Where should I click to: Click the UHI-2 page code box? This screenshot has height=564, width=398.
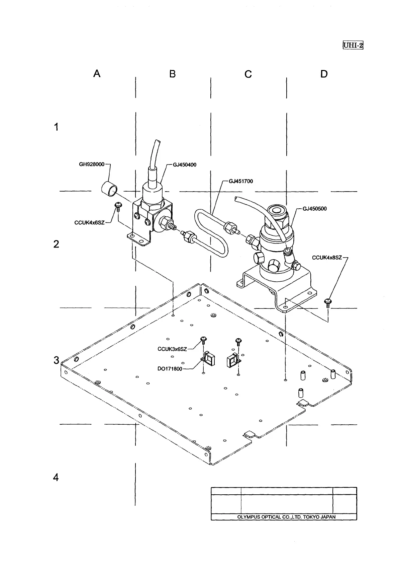353,45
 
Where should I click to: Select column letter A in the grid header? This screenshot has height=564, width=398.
97,74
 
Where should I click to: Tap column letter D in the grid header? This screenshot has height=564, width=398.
324,74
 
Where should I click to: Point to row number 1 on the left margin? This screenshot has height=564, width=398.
56,127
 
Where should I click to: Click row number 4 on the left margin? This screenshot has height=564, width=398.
56,477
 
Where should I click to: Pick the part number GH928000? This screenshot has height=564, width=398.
92,164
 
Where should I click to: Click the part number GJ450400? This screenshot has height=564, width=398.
185,165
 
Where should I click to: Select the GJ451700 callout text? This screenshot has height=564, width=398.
241,181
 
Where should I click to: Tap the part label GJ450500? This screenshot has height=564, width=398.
314,209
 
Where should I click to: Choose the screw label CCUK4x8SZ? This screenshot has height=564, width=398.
327,258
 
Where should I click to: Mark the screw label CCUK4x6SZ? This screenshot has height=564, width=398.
89,222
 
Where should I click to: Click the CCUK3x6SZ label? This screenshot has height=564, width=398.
172,349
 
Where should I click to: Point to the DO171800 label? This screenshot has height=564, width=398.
170,369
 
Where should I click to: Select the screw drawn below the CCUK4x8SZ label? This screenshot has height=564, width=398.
328,303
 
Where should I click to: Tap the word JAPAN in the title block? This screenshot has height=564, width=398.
327,517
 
